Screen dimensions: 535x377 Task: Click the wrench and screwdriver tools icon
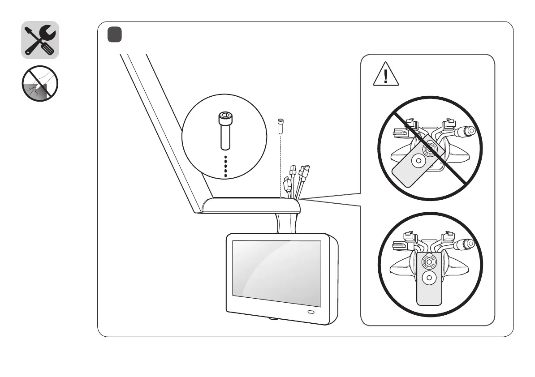[x=40, y=40]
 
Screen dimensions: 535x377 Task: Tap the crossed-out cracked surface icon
[x=40, y=83]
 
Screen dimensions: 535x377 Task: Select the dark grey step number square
[x=115, y=34]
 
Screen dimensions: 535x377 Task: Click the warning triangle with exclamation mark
[x=386, y=75]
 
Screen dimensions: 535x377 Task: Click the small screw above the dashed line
[x=280, y=126]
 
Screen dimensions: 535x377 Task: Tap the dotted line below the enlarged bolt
[x=225, y=167]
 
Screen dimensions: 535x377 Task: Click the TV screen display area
[x=276, y=273]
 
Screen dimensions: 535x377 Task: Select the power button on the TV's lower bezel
[x=311, y=312]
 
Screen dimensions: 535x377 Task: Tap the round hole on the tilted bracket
[x=419, y=160]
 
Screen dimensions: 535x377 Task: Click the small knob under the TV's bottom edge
[x=273, y=319]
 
